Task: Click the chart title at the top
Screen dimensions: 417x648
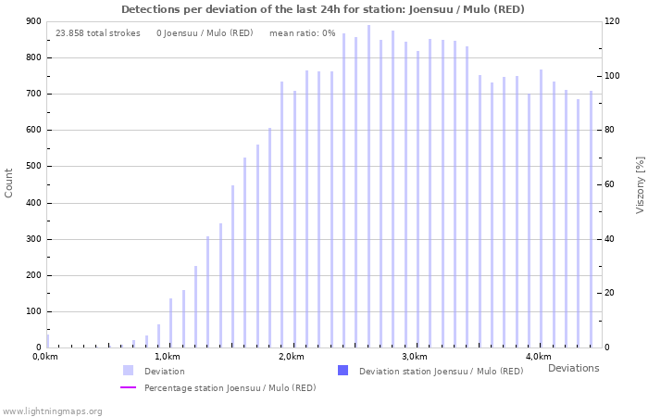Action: pos(323,9)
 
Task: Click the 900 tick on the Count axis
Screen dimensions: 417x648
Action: pos(31,21)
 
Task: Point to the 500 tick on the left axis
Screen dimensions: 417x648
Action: pos(31,167)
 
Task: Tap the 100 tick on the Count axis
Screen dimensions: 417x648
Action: pos(31,312)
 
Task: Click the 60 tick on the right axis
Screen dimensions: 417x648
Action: pos(611,184)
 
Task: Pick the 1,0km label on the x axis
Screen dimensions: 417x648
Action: pos(167,357)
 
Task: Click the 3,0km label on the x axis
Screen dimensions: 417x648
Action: pos(415,357)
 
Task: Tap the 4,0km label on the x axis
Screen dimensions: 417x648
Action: pos(539,357)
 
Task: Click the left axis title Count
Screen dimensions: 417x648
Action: pos(9,183)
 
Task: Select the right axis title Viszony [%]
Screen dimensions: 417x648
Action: pos(640,184)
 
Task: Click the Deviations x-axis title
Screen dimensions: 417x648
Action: pos(573,369)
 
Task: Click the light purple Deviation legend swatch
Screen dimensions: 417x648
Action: pos(128,371)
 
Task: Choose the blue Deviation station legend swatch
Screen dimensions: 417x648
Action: pos(343,371)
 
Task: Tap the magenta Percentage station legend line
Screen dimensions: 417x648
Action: pos(128,387)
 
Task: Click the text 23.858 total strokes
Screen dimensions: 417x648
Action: pos(98,33)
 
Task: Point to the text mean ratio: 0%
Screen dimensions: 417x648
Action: pos(303,33)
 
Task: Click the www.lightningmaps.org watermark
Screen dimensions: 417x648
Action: pos(52,411)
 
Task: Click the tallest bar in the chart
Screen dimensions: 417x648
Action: pos(368,186)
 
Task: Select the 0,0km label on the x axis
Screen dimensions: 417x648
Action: pos(45,357)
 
